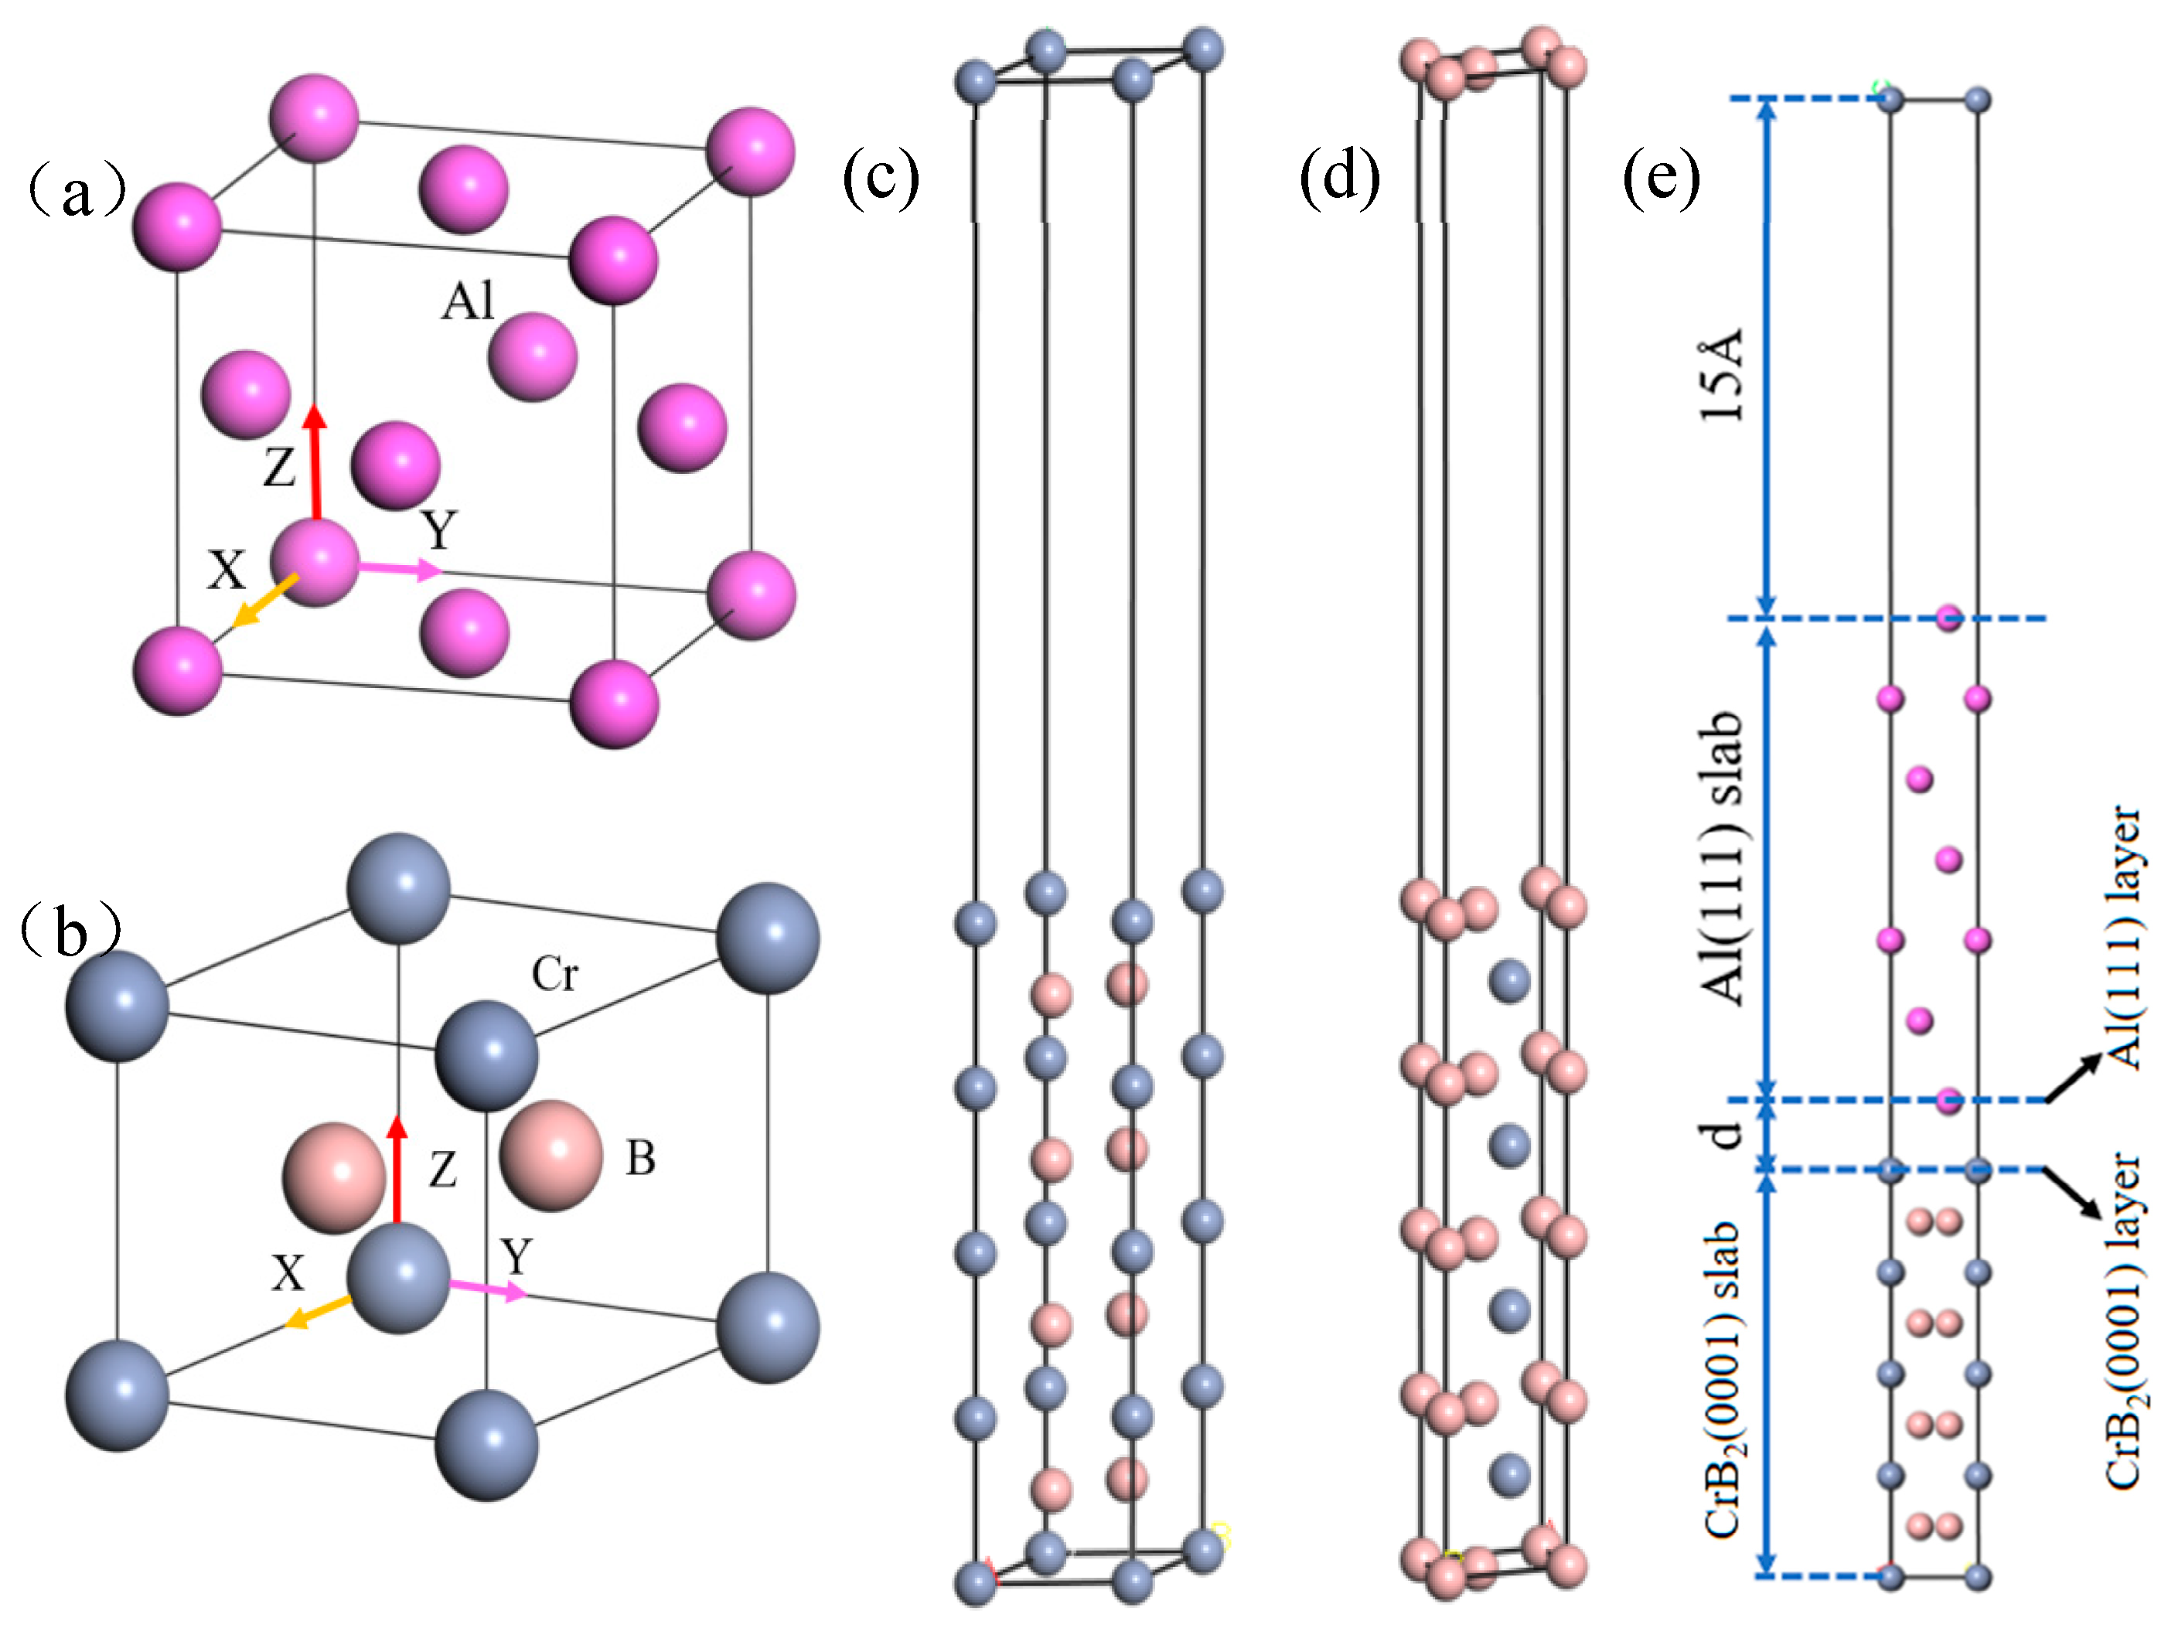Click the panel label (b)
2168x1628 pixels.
point(70,932)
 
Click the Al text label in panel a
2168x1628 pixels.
point(468,301)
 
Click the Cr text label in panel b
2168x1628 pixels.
point(554,974)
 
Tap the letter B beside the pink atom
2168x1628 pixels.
point(640,1159)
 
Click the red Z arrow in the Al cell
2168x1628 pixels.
point(315,461)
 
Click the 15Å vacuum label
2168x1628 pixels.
point(1722,376)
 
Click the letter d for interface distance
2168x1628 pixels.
point(1722,1135)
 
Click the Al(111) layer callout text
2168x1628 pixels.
point(2125,937)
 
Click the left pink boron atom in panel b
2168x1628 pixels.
point(333,1178)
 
